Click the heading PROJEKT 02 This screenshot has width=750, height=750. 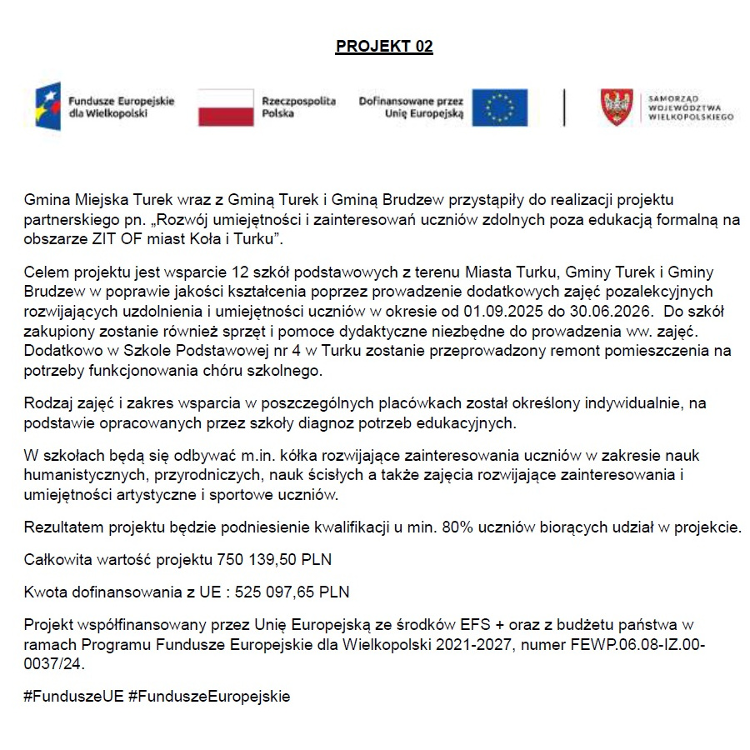click(x=384, y=47)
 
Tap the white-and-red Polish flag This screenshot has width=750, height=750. click(x=225, y=107)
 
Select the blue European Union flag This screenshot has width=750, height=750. click(x=500, y=107)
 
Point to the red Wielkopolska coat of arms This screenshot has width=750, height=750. click(x=617, y=107)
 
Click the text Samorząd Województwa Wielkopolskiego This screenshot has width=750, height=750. click(x=689, y=107)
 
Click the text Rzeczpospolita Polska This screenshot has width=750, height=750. click(x=298, y=107)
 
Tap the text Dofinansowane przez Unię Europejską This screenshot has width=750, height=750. click(x=410, y=107)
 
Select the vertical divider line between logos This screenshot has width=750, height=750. click(x=565, y=107)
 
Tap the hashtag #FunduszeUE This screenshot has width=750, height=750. click(x=74, y=696)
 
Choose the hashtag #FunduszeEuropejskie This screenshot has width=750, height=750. click(x=209, y=696)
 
